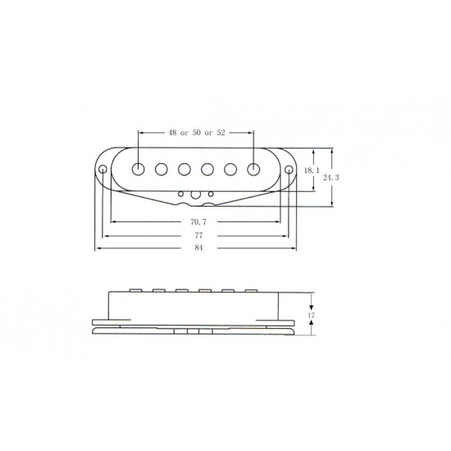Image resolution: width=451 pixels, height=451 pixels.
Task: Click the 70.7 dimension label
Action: (x=198, y=221)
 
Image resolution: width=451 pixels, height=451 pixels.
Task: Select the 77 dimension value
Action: (x=198, y=235)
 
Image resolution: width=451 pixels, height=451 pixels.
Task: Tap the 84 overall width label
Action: (x=198, y=248)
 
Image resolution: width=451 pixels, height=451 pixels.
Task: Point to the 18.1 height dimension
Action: (x=312, y=171)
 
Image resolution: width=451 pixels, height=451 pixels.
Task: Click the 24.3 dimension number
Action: (x=330, y=177)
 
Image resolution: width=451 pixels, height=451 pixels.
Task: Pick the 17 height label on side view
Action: (x=312, y=315)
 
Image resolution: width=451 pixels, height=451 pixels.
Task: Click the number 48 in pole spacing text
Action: (x=172, y=133)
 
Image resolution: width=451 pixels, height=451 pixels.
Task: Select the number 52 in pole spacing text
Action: (x=221, y=133)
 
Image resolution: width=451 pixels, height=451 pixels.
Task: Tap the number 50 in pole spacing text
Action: (x=197, y=133)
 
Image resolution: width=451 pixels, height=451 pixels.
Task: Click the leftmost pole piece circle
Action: (x=138, y=169)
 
